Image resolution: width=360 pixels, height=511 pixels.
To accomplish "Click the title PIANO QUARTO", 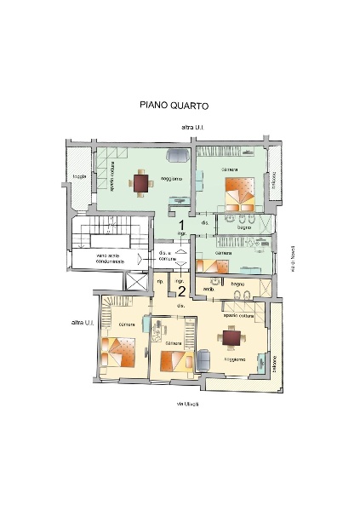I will pyautogui.click(x=174, y=106).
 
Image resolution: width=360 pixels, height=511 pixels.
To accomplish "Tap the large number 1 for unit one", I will pyautogui.click(x=181, y=224).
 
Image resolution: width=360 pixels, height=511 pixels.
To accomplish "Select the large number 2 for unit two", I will pyautogui.click(x=180, y=290).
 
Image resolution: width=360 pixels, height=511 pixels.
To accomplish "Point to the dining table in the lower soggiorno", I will pyautogui.click(x=231, y=338).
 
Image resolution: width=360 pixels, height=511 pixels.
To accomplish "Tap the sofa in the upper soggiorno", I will pyautogui.click(x=180, y=155).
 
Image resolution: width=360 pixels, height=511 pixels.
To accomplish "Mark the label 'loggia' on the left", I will pyautogui.click(x=79, y=177).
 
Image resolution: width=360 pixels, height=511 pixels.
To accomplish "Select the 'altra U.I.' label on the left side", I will pyautogui.click(x=82, y=324).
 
